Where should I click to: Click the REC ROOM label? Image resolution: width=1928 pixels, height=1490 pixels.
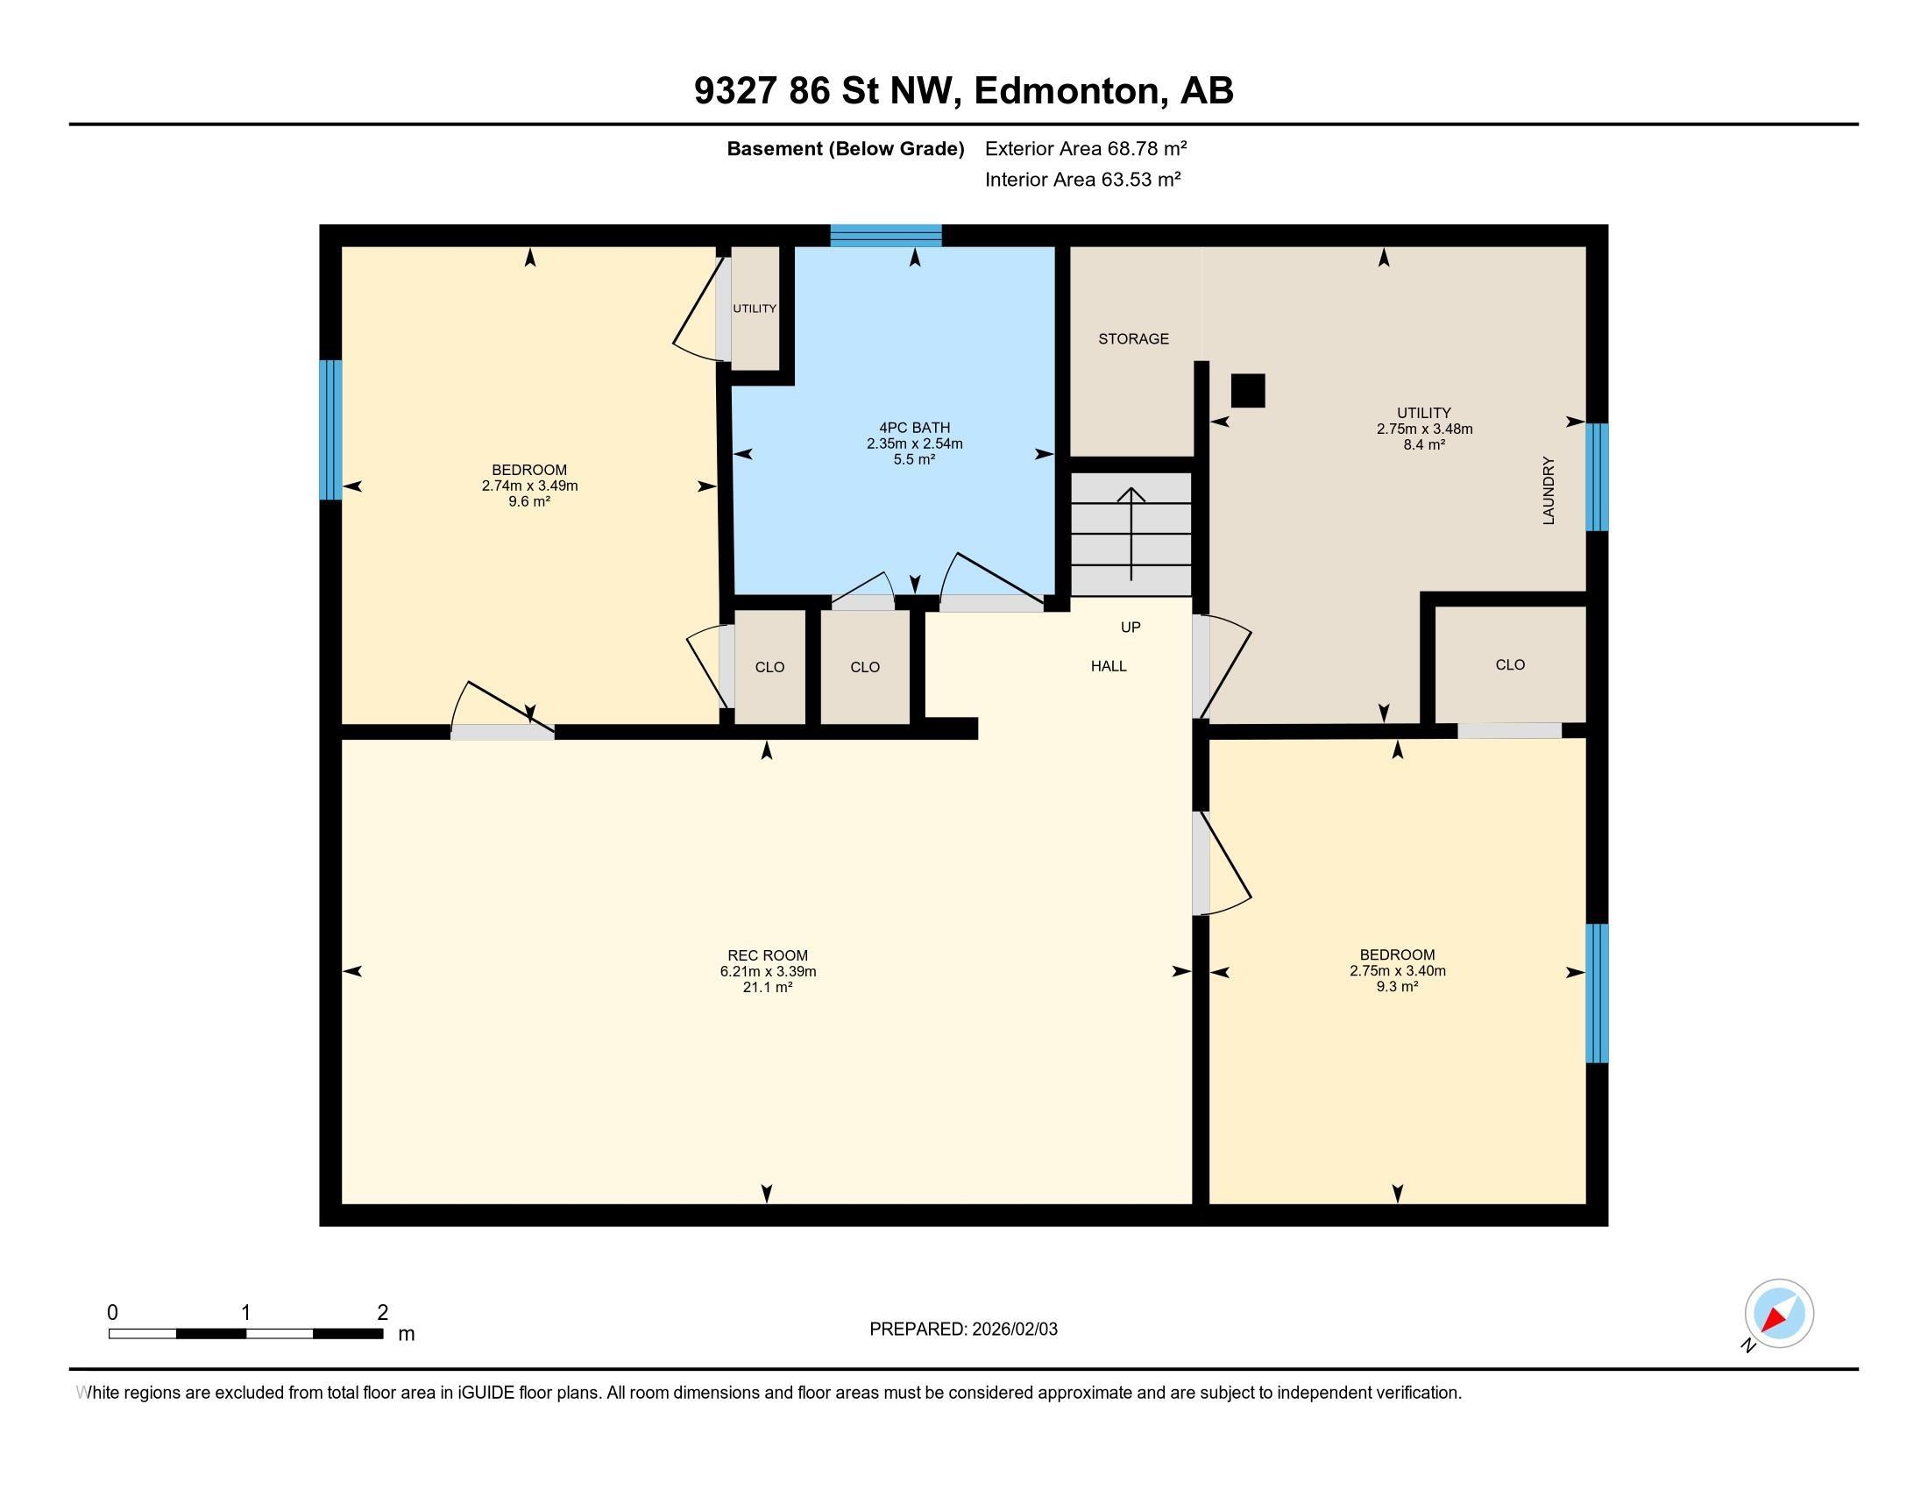(x=767, y=955)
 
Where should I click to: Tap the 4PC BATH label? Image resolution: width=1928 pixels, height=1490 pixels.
(x=914, y=427)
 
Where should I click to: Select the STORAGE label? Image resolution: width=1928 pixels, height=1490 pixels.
(x=1132, y=339)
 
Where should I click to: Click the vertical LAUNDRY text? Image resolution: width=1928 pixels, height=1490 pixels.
(x=1549, y=491)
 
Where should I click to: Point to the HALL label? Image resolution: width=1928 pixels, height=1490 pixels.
(x=1108, y=666)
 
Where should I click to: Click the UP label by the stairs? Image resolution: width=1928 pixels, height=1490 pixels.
(x=1130, y=628)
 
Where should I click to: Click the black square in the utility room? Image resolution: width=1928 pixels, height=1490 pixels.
(x=1247, y=390)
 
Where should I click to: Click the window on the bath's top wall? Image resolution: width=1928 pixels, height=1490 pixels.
(x=885, y=235)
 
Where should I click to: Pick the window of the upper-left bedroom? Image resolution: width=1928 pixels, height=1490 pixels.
(x=330, y=429)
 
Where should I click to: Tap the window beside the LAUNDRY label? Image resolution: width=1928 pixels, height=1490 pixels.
(x=1597, y=477)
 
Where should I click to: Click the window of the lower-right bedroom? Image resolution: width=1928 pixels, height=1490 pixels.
(x=1597, y=993)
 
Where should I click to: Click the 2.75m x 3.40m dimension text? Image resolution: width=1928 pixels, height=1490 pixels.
(x=1397, y=971)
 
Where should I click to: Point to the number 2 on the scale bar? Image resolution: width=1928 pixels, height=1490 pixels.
(x=382, y=1313)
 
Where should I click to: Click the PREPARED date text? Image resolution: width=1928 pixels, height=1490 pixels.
(x=963, y=1330)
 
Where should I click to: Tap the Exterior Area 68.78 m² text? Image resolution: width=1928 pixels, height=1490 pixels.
(x=1085, y=148)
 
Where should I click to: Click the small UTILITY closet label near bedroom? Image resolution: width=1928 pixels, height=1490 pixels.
(x=754, y=308)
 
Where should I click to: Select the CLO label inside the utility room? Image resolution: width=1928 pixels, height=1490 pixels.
(x=1510, y=664)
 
